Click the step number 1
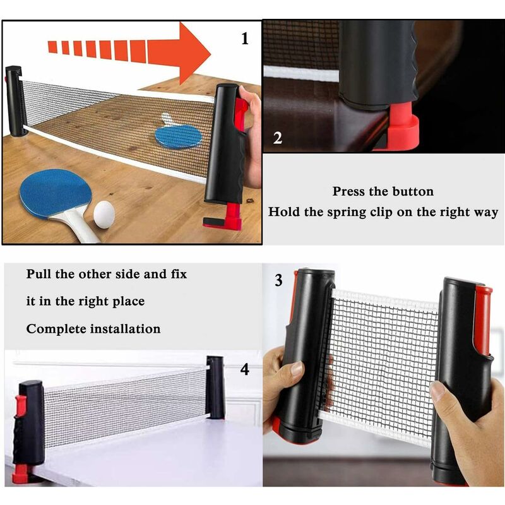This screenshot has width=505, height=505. [x=246, y=39]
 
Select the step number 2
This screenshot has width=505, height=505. [x=278, y=138]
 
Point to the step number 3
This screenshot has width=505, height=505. [x=278, y=280]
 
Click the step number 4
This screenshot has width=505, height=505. [x=244, y=369]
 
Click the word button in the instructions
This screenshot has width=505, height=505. [x=410, y=191]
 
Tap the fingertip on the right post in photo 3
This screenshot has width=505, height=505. [x=437, y=391]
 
